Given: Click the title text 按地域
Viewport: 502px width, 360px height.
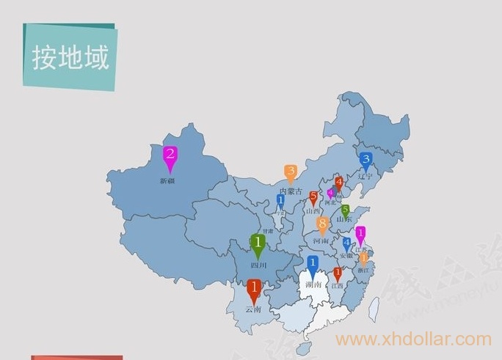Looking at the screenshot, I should [x=70, y=57].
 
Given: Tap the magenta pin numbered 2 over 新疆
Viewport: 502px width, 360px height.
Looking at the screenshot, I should [x=170, y=156].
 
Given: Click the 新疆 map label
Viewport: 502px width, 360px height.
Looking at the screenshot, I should [x=167, y=180].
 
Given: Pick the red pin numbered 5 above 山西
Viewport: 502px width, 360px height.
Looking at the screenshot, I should [x=314, y=197].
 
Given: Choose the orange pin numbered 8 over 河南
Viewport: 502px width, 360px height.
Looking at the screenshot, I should [x=322, y=224].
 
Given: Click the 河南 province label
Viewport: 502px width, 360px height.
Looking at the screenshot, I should [x=321, y=240].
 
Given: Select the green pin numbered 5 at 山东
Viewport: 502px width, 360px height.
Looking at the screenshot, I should [x=345, y=211].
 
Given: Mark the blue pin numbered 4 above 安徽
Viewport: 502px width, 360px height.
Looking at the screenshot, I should [x=347, y=244].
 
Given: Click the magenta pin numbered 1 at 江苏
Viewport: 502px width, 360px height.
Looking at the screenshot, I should [x=360, y=234].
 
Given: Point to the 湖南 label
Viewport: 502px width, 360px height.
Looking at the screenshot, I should [x=313, y=284].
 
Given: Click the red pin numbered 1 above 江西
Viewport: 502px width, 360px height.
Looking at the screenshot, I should [x=338, y=274].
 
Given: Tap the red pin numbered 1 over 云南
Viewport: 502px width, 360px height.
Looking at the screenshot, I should [x=254, y=289].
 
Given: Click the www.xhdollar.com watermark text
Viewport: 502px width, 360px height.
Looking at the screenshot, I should [x=413, y=339].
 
